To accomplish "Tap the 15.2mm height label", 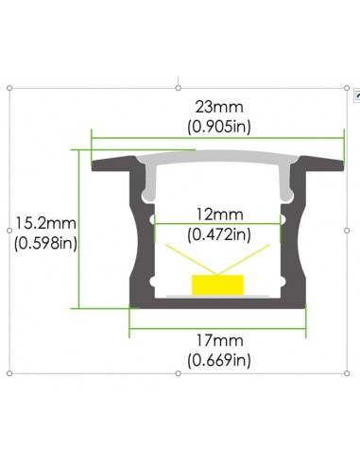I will click(x=45, y=224).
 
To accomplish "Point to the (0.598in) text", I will click(x=45, y=242).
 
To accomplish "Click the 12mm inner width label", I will click(x=218, y=215).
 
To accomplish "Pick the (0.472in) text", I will click(x=218, y=232).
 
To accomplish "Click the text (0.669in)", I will click(x=218, y=359).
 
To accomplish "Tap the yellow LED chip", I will click(x=216, y=284).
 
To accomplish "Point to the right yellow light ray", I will click(x=248, y=260).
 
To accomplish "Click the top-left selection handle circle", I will click(x=9, y=89).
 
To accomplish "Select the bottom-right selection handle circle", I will click(x=349, y=374).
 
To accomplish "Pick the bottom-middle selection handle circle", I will click(x=180, y=374).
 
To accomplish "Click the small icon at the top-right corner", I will click(x=356, y=95).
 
